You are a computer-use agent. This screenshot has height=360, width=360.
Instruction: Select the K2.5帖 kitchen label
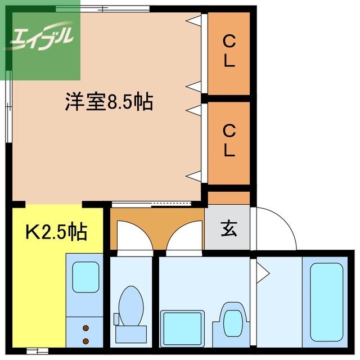pos(56,231)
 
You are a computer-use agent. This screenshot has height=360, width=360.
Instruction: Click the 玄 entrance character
pos(228,229)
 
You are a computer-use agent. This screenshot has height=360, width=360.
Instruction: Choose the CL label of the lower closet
pos(228,141)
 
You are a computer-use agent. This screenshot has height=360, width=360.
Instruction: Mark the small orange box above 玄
pos(228,197)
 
